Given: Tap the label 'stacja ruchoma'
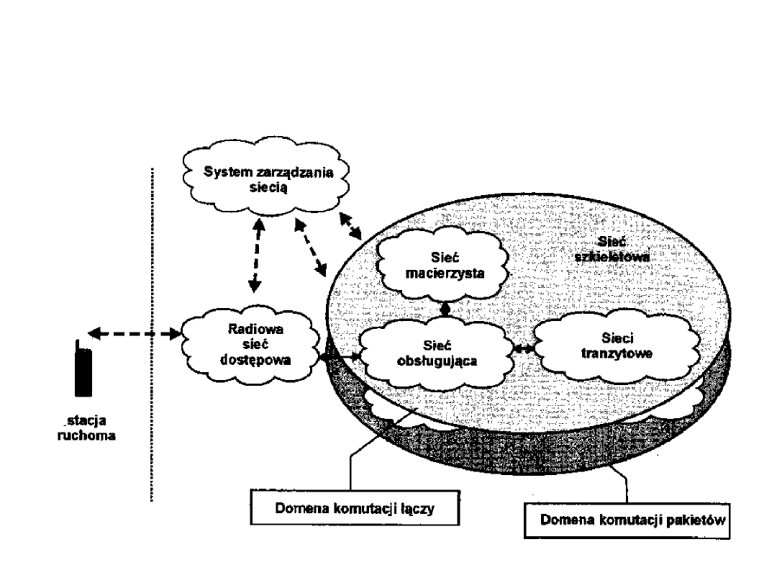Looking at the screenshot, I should [x=86, y=428].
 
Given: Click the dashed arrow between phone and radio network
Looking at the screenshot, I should [x=134, y=334].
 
